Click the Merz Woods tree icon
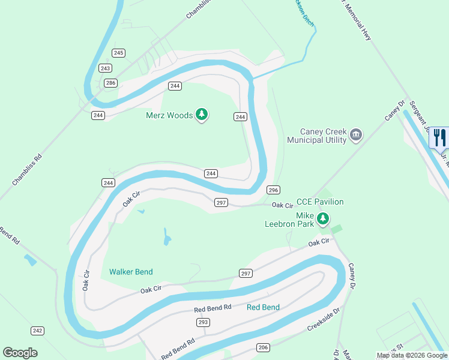tap(202, 115)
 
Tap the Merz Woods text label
tap(170, 115)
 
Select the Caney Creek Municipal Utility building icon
tap(356, 134)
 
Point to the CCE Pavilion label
tap(321, 202)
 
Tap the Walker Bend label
tap(131, 272)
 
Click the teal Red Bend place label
tap(263, 307)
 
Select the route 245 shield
tap(118, 53)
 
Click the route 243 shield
tap(106, 68)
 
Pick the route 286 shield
tap(110, 83)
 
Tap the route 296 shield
tap(273, 190)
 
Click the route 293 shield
tap(203, 322)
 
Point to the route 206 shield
tap(263, 347)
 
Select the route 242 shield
tap(38, 331)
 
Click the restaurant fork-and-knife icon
tap(440, 137)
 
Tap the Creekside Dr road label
tap(323, 320)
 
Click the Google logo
tap(20, 353)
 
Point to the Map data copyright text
tap(411, 355)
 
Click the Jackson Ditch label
tap(302, 12)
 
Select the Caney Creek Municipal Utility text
tap(316, 136)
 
